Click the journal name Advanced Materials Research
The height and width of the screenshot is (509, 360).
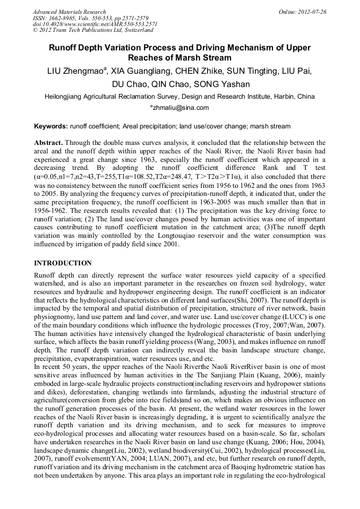click(69, 11)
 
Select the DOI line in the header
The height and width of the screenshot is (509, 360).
click(95, 24)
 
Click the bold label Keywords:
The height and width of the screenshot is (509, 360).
click(51, 126)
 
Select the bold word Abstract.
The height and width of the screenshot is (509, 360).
click(49, 143)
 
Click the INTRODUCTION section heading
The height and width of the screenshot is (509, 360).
click(63, 263)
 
